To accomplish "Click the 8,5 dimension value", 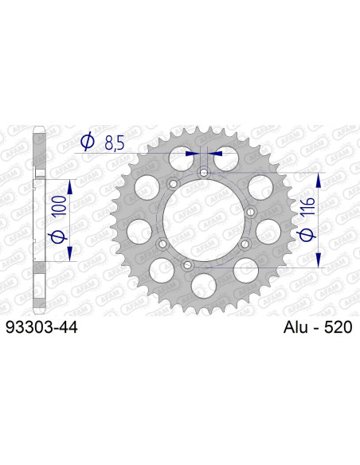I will point(113,143).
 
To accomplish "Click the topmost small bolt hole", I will point(204,173).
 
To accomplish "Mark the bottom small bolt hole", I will point(188,264).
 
